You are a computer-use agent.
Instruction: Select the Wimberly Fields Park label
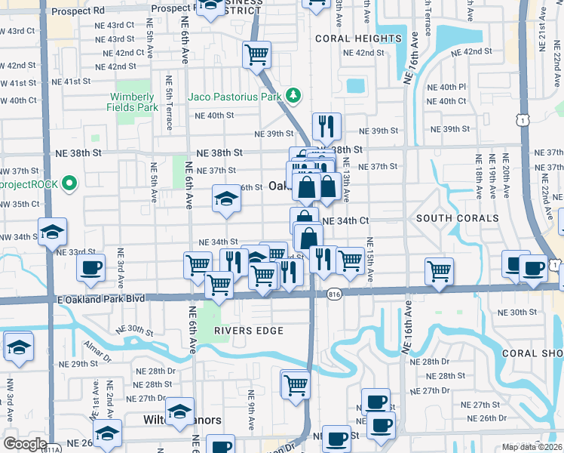(134, 102)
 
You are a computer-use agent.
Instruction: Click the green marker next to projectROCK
(69, 183)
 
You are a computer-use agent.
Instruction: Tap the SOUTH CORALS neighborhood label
(458, 218)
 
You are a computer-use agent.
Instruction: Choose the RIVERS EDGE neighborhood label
(248, 331)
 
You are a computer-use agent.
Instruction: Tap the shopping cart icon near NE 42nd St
(256, 54)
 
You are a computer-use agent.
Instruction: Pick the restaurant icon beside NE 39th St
(326, 126)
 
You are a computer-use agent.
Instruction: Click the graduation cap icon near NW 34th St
(53, 231)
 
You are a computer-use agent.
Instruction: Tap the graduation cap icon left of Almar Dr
(17, 347)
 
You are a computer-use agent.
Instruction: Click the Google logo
(25, 443)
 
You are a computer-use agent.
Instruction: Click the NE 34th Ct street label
(345, 221)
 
